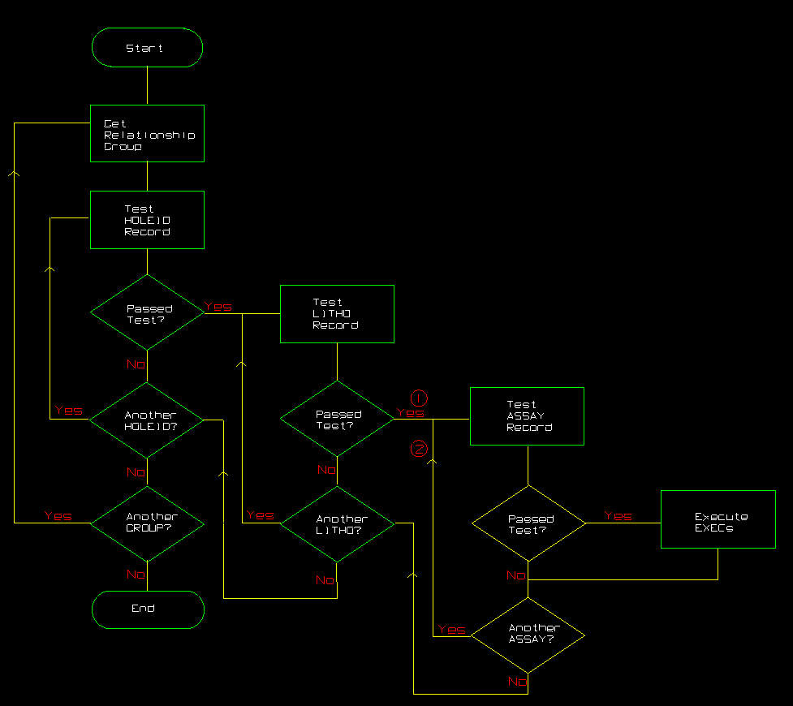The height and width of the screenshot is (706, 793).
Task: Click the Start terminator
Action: click(x=147, y=48)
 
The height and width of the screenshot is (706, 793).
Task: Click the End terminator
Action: click(x=147, y=609)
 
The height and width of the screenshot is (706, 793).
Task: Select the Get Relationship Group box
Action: click(x=147, y=134)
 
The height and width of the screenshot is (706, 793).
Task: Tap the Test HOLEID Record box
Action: click(x=147, y=220)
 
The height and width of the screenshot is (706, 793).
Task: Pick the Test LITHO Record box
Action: click(x=337, y=313)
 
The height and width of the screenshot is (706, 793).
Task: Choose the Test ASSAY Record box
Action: click(x=528, y=415)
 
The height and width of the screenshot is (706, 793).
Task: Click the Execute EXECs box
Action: click(x=718, y=519)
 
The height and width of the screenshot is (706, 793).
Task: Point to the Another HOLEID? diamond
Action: click(x=147, y=420)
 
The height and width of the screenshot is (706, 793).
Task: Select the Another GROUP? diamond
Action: click(x=147, y=523)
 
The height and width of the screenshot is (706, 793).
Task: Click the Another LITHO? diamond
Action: click(x=337, y=524)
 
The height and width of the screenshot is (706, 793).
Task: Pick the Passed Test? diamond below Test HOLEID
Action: click(x=147, y=313)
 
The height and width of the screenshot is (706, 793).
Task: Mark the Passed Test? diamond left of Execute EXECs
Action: click(x=528, y=524)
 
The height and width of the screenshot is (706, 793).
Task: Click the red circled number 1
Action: click(x=419, y=398)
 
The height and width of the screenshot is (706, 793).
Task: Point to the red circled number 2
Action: click(x=419, y=449)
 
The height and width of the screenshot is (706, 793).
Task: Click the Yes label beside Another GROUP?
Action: click(x=58, y=516)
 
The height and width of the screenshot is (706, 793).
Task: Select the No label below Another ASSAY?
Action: click(x=517, y=682)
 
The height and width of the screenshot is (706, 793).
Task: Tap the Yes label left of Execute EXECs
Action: click(x=618, y=516)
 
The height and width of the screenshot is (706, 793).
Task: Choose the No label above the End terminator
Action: click(x=136, y=575)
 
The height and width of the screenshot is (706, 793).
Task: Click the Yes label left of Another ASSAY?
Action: click(x=451, y=630)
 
